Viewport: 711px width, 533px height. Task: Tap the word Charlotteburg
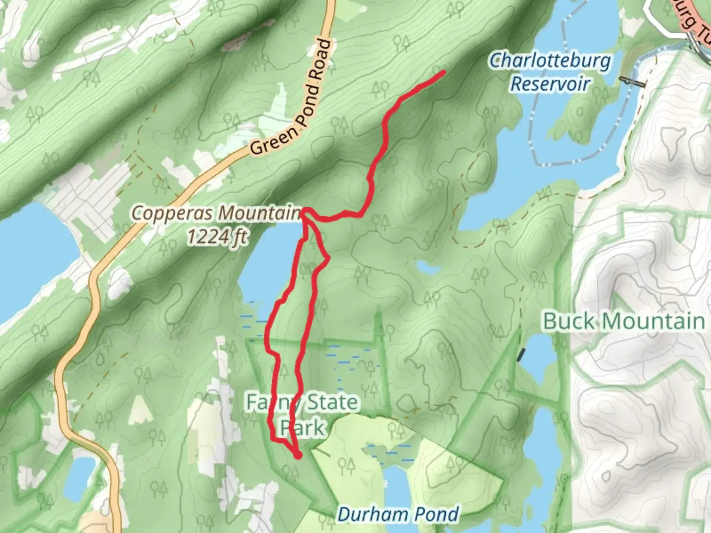click(x=550, y=61)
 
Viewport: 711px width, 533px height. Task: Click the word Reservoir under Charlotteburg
click(x=550, y=83)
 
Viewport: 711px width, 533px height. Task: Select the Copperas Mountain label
click(x=216, y=213)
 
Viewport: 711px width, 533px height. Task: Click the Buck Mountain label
click(x=624, y=321)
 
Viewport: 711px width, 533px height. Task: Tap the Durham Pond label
click(x=398, y=514)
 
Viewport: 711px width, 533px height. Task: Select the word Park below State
click(x=302, y=427)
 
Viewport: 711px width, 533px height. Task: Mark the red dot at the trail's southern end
click(x=298, y=456)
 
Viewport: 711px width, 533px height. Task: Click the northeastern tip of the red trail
click(x=443, y=73)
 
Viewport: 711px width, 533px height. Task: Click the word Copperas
click(x=173, y=213)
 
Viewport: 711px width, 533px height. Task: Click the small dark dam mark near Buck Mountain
click(x=521, y=354)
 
